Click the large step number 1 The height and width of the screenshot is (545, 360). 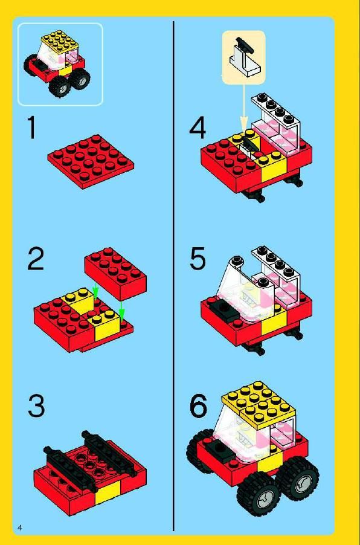tap(31, 127)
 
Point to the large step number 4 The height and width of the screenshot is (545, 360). tap(198, 127)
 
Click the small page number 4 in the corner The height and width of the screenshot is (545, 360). tap(19, 527)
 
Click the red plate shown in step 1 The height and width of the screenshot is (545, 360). tap(91, 161)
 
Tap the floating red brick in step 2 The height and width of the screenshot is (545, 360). tap(115, 274)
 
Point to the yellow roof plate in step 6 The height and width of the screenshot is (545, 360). tap(259, 405)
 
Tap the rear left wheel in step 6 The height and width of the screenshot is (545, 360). tap(200, 451)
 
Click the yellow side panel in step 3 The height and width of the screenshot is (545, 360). tap(108, 491)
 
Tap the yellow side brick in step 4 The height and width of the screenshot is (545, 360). tap(274, 167)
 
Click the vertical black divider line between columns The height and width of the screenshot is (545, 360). tap(173, 276)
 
